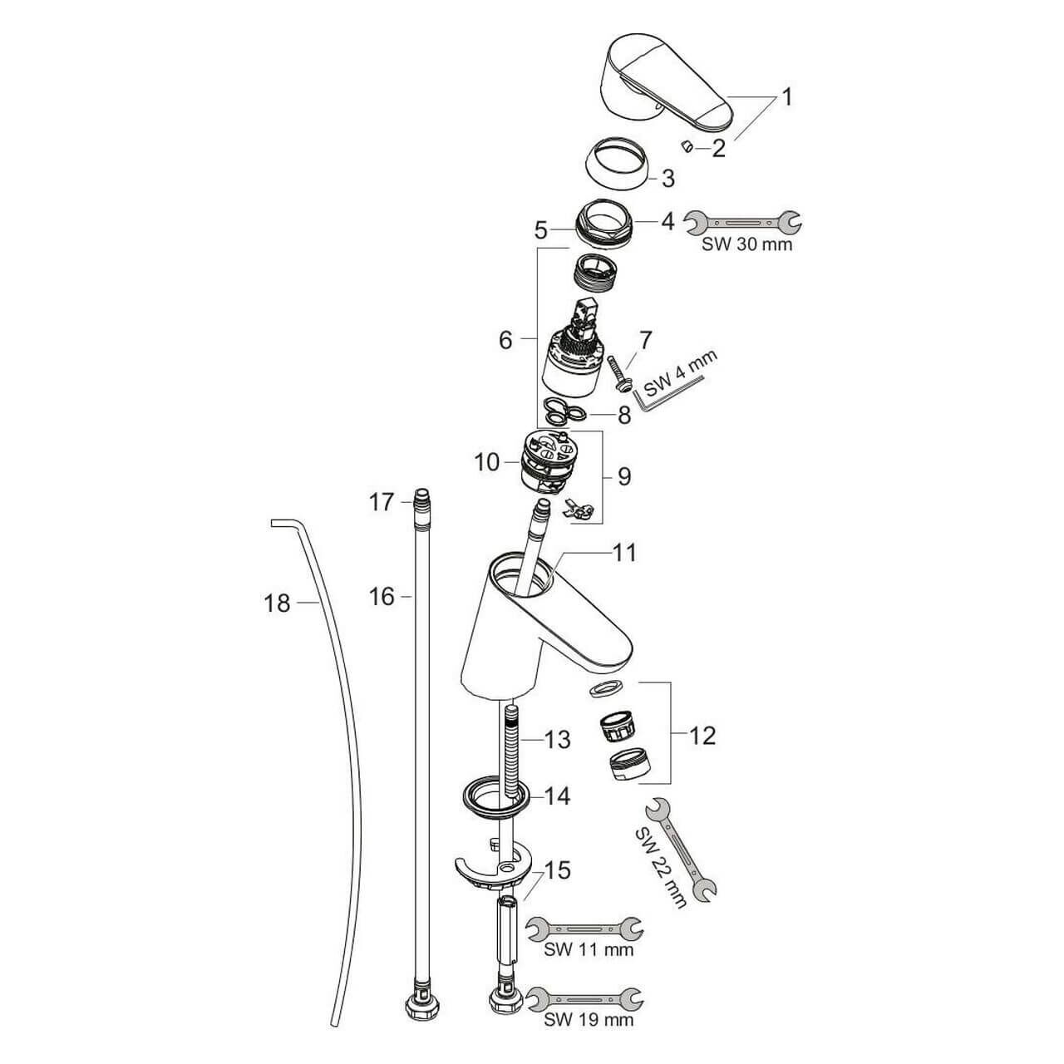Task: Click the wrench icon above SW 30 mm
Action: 742,222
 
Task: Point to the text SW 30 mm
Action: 746,245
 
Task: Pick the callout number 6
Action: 505,340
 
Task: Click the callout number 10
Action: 486,461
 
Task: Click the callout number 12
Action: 702,736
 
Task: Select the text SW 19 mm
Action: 588,1019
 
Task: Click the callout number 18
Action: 278,603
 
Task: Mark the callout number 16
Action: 382,596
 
